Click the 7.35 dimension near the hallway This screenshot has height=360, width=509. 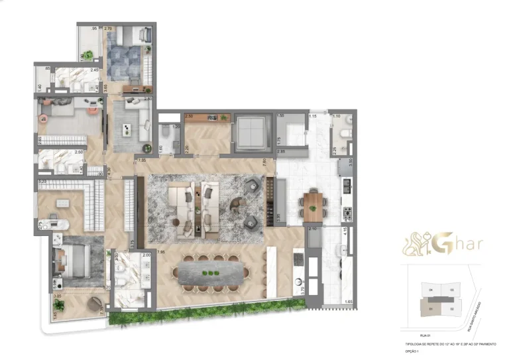(141, 160)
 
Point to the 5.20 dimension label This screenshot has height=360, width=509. (42, 182)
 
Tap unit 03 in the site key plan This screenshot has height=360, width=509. (451, 290)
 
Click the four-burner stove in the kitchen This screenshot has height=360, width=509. (346, 213)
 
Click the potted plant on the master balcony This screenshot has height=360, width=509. (59, 306)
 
